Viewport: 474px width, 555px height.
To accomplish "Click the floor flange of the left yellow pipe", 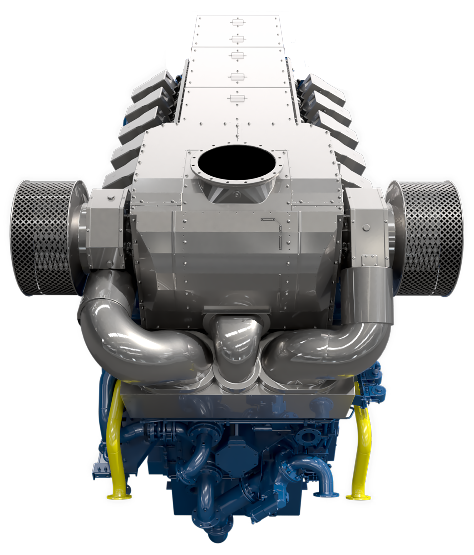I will click(x=119, y=497).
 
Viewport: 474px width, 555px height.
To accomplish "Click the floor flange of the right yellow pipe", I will click(x=358, y=497).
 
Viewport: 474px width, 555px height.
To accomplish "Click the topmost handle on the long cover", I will click(x=236, y=23).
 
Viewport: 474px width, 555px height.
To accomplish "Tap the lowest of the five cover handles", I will click(x=236, y=98).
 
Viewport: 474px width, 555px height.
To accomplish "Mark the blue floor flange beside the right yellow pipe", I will click(x=326, y=495).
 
